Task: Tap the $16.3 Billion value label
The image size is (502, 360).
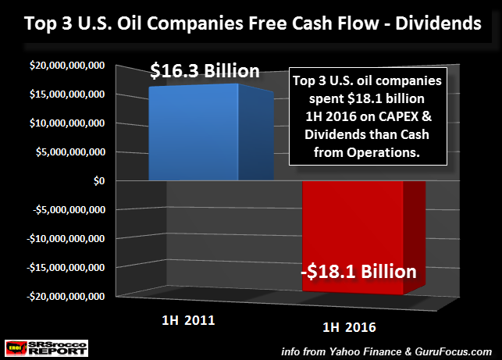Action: click(x=205, y=71)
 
